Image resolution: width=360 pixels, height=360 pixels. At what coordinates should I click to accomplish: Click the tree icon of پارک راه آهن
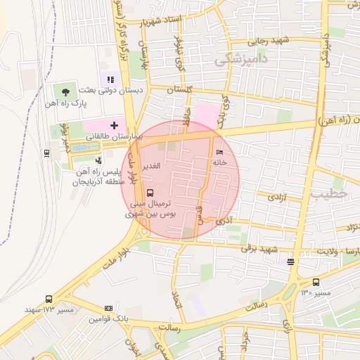coord(66,91)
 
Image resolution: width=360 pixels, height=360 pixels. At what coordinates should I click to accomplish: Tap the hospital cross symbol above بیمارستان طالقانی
coord(114,124)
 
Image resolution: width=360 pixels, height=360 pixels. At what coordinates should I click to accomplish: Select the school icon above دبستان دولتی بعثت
coord(110,79)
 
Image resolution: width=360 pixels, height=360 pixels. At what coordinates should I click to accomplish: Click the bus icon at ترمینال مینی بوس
coord(150,193)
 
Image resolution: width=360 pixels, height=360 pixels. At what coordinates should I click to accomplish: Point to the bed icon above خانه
coord(219,152)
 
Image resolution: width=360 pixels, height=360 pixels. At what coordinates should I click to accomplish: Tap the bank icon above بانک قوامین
coord(108,308)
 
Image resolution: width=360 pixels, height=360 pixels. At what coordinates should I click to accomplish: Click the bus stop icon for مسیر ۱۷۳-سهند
coord(49,299)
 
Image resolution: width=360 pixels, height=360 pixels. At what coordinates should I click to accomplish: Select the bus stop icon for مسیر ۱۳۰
coord(314,281)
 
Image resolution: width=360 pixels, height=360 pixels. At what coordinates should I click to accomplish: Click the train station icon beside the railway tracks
coord(46,153)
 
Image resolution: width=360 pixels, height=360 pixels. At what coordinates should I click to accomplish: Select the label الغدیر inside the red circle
coord(152,166)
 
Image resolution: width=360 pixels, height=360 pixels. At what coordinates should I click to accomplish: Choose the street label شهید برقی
coord(259,249)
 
